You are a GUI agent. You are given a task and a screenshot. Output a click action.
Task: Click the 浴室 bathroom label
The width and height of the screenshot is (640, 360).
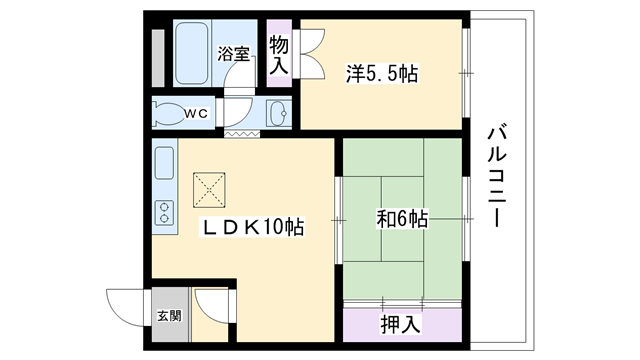tap(233, 53)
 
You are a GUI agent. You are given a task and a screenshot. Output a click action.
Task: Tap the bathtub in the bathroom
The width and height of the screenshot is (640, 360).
tap(192, 53)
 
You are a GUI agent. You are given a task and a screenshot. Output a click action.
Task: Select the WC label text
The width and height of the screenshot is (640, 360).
tap(196, 113)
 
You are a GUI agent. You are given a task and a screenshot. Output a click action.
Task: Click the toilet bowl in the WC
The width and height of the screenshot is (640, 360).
tap(167, 113)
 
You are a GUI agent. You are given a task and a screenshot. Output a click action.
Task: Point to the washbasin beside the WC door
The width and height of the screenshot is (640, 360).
tap(278, 113)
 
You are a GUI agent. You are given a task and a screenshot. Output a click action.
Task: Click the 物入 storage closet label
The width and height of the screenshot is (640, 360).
tap(279, 54)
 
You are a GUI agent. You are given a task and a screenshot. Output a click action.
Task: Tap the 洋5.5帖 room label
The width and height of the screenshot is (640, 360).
tap(382, 74)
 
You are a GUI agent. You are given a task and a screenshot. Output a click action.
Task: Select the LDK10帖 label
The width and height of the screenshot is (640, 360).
tap(253, 227)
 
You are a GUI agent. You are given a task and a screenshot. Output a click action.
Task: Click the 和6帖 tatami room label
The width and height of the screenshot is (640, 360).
tap(402, 219)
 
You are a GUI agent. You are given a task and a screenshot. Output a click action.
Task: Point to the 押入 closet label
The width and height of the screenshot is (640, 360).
tap(400, 324)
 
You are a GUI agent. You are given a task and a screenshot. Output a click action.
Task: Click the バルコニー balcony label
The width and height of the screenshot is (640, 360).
tap(496, 177)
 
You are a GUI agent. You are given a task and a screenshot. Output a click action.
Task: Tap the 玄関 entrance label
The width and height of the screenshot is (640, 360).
tap(169, 316)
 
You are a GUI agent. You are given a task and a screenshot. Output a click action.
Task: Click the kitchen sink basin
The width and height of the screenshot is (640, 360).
tap(164, 163)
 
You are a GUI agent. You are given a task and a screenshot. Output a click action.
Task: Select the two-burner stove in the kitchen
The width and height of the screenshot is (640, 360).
tap(164, 213)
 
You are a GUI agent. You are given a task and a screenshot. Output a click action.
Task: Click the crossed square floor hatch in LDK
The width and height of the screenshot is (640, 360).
tap(209, 190)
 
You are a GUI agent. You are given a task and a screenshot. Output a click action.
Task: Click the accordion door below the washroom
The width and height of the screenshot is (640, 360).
tap(242, 133)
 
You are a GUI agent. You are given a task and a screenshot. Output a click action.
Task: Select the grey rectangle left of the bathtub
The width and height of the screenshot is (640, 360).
tap(158, 58)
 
